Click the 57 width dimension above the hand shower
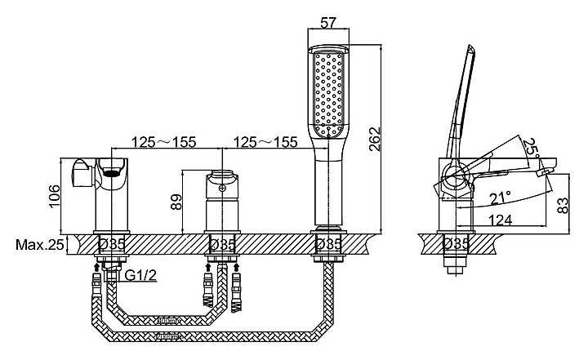[328, 23]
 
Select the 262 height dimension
[374, 140]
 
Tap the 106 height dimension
[54, 196]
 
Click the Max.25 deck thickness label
[40, 245]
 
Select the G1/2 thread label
[140, 276]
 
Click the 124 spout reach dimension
[501, 220]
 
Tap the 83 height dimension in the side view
[563, 206]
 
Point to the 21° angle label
[501, 198]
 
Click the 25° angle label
[532, 149]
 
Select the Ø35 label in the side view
[456, 244]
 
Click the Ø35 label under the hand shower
[328, 245]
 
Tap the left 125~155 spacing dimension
[163, 142]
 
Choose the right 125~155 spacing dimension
[265, 142]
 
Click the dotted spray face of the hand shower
[329, 94]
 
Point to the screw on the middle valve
[222, 189]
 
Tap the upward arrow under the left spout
[96, 267]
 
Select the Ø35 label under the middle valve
[222, 245]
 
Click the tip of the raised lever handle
[470, 46]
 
